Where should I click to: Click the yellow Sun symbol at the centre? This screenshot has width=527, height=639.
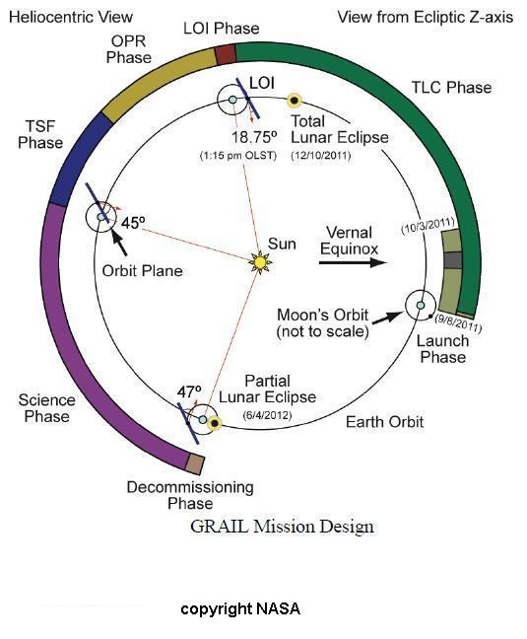point(260,262)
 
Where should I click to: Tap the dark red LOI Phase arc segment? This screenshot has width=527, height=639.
point(226,55)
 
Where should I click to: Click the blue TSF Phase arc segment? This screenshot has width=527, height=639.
point(80,158)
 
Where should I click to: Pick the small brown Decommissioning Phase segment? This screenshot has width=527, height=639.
point(194,463)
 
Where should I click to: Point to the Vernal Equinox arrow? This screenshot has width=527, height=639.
point(353,262)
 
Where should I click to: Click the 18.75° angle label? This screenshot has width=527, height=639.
point(255,137)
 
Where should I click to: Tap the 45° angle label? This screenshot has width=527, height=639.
point(133,223)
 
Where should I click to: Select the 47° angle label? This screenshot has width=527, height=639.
point(189,392)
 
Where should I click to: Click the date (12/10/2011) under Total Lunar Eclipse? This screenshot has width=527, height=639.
point(321,155)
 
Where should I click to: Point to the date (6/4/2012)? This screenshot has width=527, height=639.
point(267,415)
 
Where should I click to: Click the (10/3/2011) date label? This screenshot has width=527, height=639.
point(428,226)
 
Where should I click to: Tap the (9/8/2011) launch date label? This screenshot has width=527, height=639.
point(458,323)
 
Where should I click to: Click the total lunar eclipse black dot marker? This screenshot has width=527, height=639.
point(295,101)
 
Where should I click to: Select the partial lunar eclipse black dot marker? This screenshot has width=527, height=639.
point(215,424)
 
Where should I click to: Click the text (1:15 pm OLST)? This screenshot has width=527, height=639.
point(238,155)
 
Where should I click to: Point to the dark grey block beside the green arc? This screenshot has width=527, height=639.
point(453,260)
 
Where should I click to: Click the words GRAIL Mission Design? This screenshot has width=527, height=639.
point(282,527)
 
